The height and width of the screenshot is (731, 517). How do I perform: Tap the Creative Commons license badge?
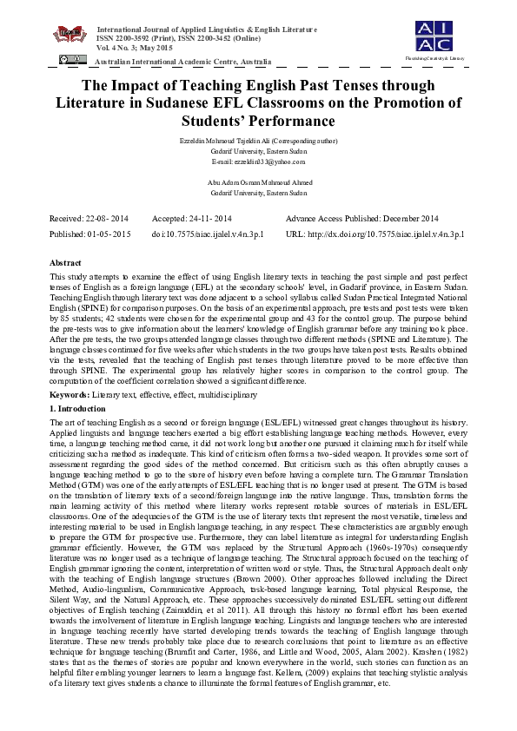[72, 59]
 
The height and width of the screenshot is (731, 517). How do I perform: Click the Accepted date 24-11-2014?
[192, 218]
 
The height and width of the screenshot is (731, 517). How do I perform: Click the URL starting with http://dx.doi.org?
[374, 234]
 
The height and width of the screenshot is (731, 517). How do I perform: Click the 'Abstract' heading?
[66, 261]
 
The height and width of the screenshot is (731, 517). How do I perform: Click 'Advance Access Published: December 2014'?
[361, 218]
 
